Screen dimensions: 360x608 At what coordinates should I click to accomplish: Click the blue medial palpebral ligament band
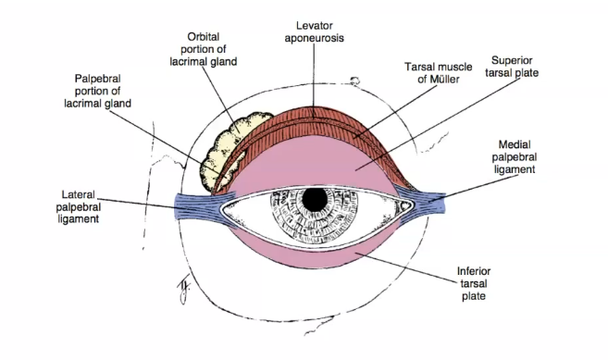tap(422, 197)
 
